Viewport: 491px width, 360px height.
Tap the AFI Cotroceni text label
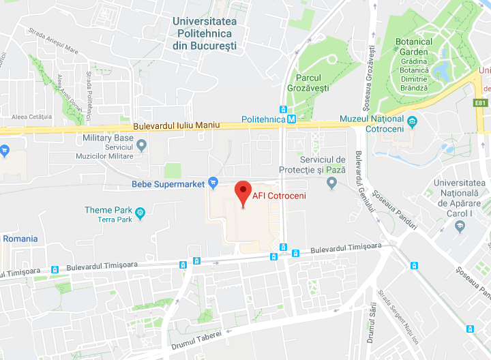[279, 196]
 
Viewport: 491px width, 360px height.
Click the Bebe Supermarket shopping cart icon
[213, 182]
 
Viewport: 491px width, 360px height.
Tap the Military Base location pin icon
[142, 144]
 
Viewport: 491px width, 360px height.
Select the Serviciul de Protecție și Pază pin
[332, 182]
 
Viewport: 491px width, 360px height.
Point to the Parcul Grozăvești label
[313, 83]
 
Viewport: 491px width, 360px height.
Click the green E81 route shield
[481, 103]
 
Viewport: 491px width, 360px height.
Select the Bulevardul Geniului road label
[363, 188]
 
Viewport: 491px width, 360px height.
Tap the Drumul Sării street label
[370, 322]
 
